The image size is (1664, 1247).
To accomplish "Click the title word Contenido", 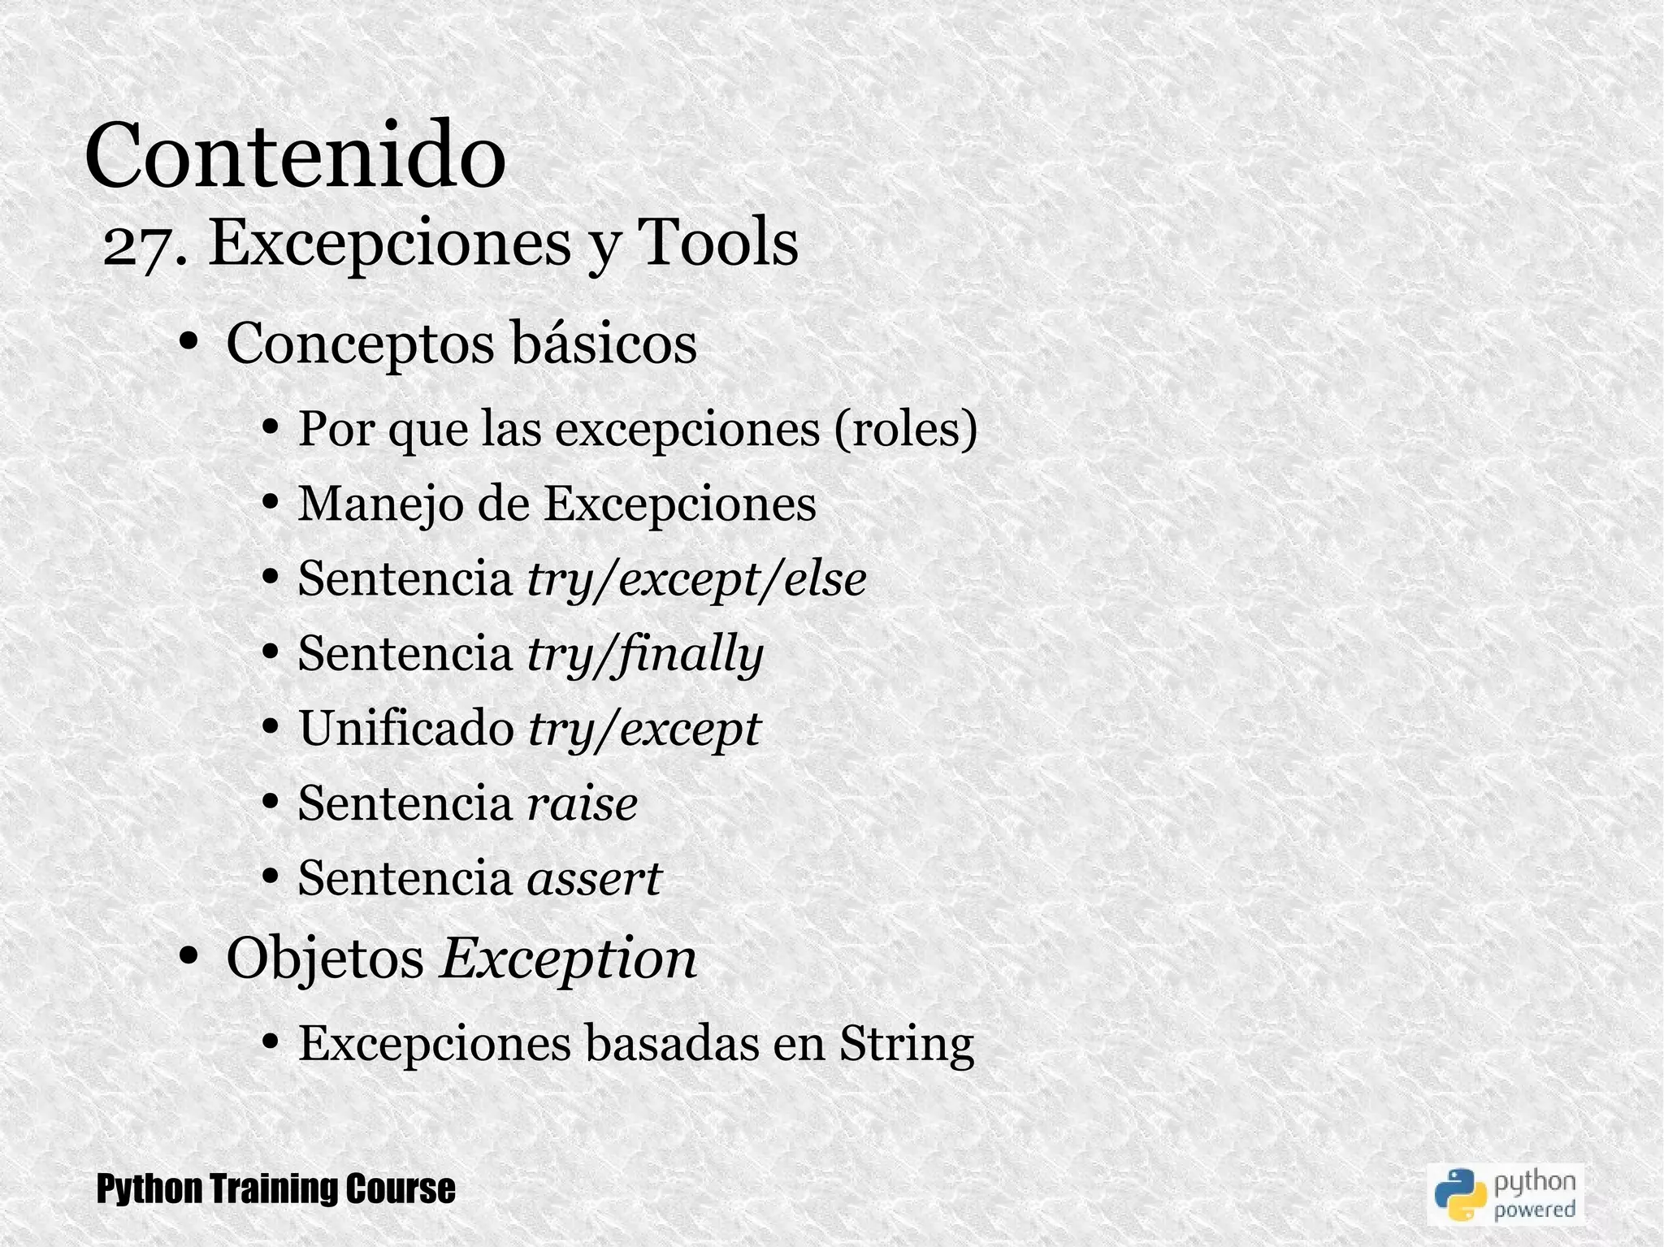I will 295,154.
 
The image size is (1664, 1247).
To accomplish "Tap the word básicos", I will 603,344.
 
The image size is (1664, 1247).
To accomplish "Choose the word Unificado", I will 406,728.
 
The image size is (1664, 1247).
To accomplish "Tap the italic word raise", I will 582,803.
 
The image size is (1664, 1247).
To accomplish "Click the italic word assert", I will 595,878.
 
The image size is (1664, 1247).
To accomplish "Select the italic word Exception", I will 568,959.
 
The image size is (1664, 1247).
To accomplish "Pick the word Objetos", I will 325,959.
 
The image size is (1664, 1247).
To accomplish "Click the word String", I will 906,1043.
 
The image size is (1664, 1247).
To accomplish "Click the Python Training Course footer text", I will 275,1189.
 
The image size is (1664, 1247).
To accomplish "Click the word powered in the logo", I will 1535,1209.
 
